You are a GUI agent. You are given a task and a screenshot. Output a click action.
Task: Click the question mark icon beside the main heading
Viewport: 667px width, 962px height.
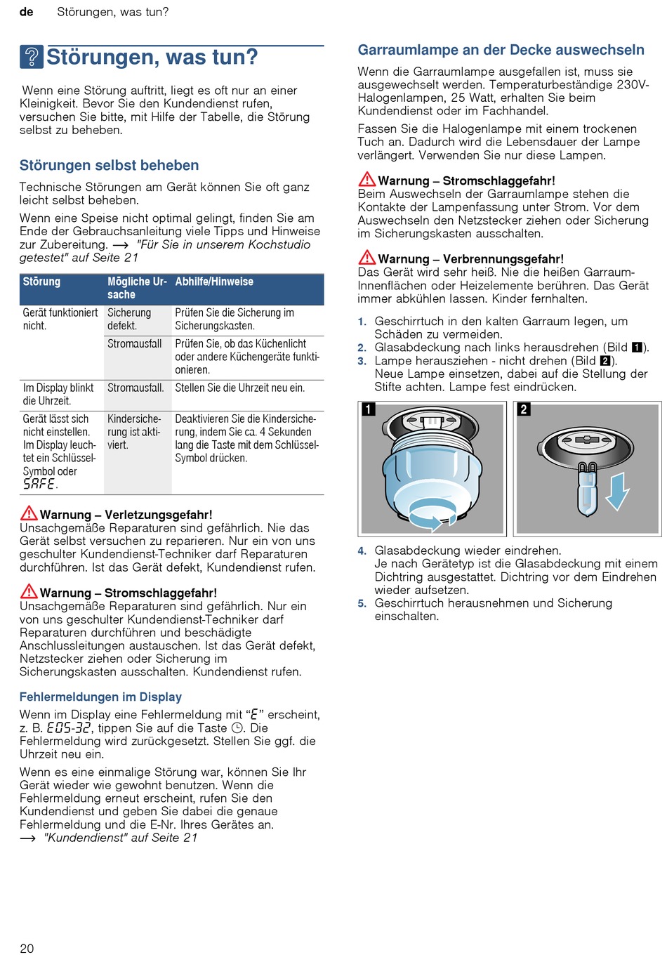tap(32, 57)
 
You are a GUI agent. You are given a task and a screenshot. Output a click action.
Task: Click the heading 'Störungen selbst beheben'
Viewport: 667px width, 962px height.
tap(109, 166)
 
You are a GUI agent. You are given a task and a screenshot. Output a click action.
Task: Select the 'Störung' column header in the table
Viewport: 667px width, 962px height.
tap(42, 282)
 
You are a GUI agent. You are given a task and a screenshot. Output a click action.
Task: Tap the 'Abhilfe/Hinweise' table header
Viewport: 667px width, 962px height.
tap(214, 282)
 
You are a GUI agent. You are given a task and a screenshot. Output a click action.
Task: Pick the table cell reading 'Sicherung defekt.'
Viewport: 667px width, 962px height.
tap(130, 319)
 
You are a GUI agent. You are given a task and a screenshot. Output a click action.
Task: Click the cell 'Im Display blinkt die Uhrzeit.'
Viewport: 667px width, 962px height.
tap(59, 395)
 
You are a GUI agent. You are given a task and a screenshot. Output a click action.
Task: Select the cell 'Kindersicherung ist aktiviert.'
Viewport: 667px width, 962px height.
tap(134, 432)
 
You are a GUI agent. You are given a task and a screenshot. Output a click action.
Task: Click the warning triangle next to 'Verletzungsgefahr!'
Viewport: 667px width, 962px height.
tap(29, 513)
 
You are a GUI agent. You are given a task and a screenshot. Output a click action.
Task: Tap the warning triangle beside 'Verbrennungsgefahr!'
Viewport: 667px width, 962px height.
tap(366, 258)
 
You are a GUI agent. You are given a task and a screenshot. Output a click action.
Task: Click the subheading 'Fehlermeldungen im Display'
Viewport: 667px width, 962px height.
tap(100, 697)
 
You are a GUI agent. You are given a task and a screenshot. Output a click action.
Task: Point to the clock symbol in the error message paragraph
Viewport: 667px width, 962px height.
tap(237, 728)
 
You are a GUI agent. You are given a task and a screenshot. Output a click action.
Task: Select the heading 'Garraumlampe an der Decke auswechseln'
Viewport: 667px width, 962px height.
tap(501, 51)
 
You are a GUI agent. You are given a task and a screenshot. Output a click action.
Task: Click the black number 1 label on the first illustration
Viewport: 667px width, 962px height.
tap(369, 409)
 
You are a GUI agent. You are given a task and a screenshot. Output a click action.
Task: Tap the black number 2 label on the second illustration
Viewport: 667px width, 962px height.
tap(524, 409)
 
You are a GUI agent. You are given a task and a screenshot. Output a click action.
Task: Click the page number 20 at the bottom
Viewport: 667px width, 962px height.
tap(27, 949)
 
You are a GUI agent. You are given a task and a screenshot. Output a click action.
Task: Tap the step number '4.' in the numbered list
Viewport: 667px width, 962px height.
tap(362, 551)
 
